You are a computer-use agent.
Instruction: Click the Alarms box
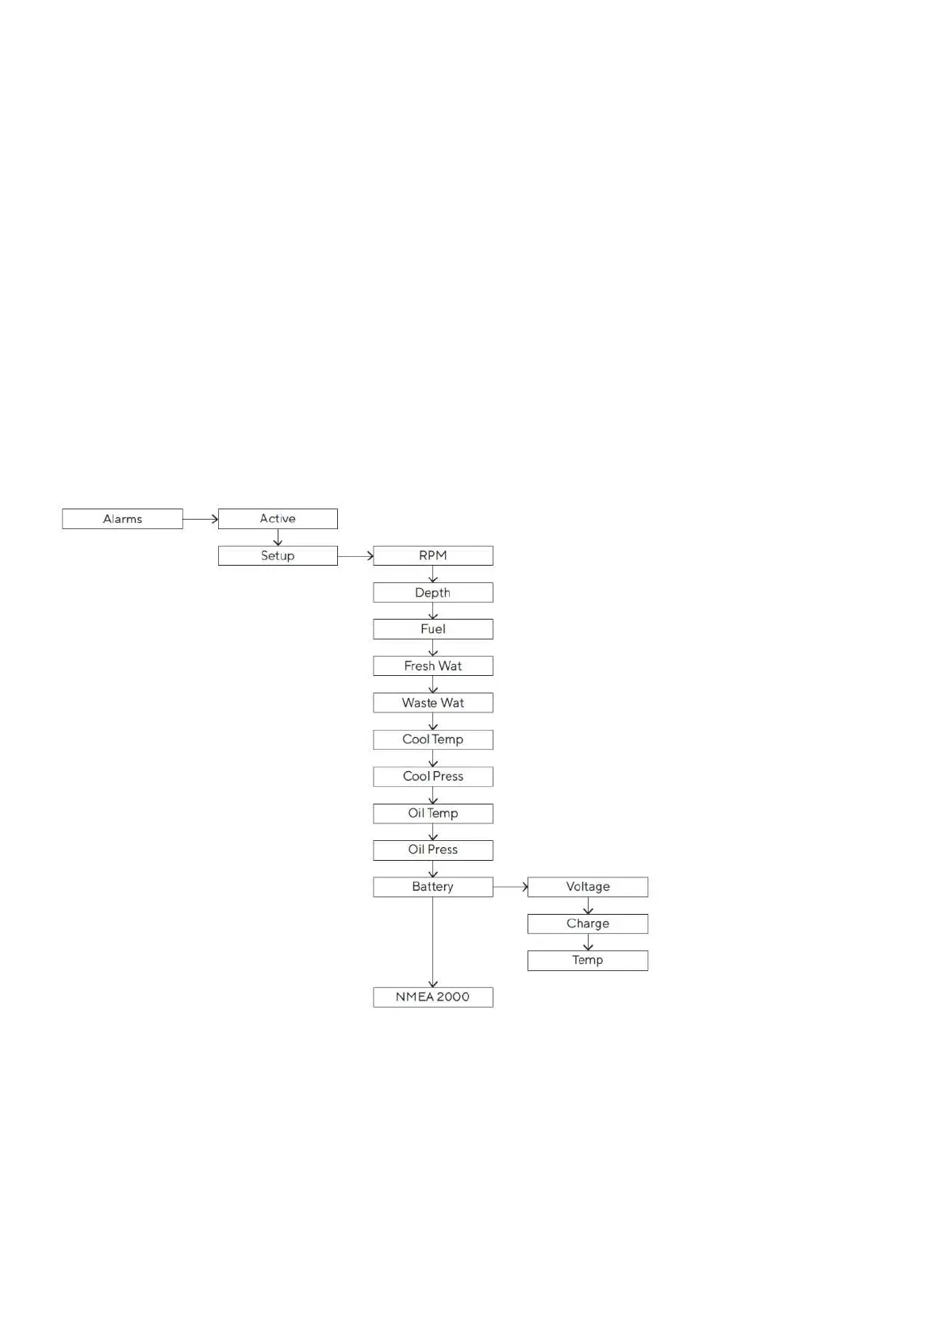coord(122,519)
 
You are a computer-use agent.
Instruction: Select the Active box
coord(278,519)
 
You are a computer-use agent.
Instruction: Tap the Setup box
coord(278,555)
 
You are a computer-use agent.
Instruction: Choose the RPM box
coord(433,555)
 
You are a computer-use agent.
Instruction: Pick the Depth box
coord(433,593)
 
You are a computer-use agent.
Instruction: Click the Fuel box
coord(433,629)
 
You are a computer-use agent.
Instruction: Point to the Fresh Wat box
coord(433,666)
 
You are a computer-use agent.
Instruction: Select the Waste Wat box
coord(433,703)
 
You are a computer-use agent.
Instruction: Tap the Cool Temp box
coord(433,739)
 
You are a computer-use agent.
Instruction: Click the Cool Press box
coord(433,777)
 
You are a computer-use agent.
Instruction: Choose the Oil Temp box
coord(433,813)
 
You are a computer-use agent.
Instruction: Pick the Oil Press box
coord(433,850)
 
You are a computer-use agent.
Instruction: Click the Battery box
coord(433,887)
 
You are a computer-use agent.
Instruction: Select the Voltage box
coord(588,887)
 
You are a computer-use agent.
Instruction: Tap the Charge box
coord(588,923)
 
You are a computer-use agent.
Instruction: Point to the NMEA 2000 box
coord(433,997)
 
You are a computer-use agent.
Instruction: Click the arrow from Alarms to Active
coord(200,519)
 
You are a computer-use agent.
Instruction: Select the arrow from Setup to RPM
coord(355,555)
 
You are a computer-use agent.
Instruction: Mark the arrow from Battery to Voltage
coord(510,887)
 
